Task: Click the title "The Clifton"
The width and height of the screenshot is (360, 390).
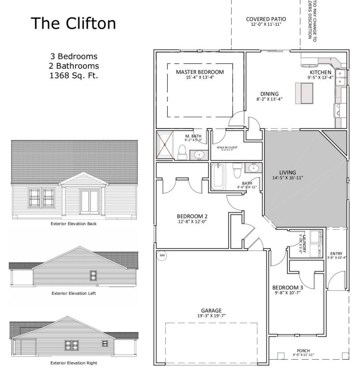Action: tap(74, 23)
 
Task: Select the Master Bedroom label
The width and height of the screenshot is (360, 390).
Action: tap(200, 72)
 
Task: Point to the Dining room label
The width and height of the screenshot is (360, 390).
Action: tap(269, 94)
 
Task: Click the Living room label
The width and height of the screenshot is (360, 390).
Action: tap(287, 172)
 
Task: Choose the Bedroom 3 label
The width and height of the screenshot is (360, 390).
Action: tap(287, 288)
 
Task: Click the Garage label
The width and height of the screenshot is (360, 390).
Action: tap(211, 310)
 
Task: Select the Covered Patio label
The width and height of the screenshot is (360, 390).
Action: tap(266, 19)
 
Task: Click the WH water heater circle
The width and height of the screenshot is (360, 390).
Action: tap(162, 254)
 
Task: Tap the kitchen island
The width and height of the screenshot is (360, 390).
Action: tap(305, 91)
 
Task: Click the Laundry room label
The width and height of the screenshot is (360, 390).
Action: tap(305, 242)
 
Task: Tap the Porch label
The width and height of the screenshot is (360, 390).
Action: tap(303, 352)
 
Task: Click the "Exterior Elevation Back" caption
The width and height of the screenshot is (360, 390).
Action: tap(74, 224)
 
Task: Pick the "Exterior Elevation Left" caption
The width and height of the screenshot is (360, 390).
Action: tap(73, 293)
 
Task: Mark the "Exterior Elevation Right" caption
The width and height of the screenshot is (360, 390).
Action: tap(73, 363)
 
